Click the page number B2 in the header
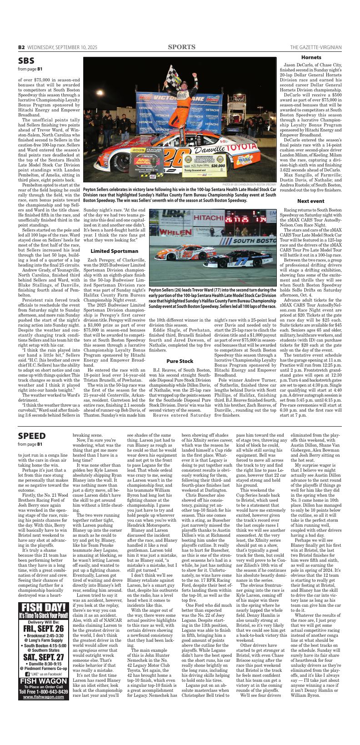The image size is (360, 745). pos(21,47)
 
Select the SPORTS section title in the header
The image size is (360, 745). pos(180,47)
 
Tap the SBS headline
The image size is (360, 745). pos(26,60)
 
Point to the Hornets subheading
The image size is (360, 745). pos(311,58)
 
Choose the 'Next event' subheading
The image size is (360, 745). pos(311,201)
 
